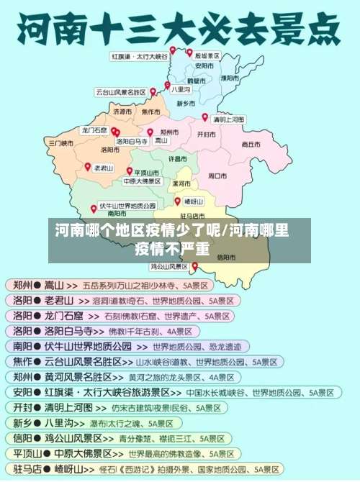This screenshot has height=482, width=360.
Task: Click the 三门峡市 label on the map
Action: point(61,143)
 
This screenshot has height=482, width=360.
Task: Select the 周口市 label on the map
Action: point(217,175)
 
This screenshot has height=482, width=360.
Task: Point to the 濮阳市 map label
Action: point(230,77)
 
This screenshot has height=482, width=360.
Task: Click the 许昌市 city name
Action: point(178,158)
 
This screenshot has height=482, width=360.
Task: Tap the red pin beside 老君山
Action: point(88,166)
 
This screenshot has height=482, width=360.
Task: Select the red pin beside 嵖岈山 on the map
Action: point(177,201)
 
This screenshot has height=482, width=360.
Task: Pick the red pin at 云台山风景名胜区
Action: point(153,91)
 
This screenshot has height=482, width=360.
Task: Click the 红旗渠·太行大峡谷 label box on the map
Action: point(139,55)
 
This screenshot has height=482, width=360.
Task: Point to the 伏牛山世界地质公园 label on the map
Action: point(127,204)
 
